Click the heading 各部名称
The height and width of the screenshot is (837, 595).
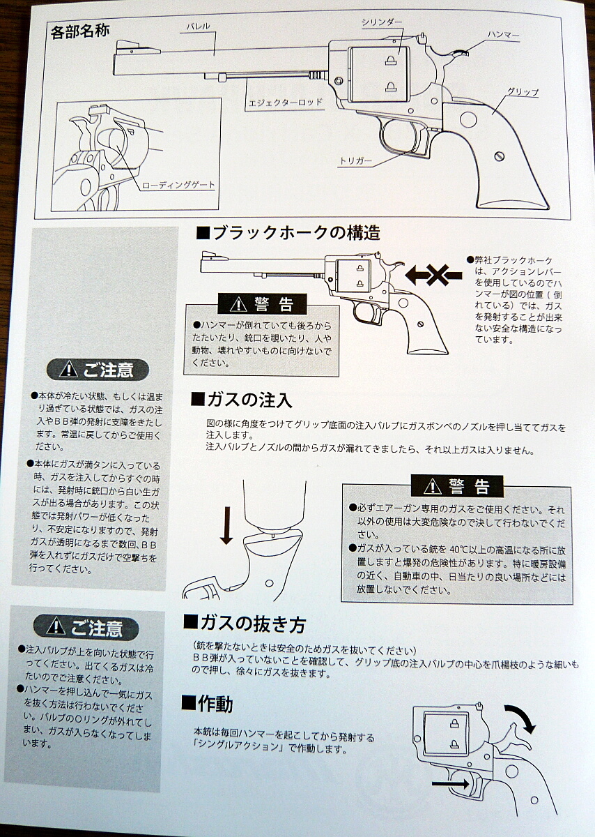tap(80, 32)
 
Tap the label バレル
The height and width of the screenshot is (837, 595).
tap(198, 27)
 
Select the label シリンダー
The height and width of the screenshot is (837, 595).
tap(382, 22)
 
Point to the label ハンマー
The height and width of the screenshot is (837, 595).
tap(503, 35)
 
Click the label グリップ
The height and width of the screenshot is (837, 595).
tap(523, 92)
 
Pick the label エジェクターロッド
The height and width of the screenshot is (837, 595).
tap(285, 102)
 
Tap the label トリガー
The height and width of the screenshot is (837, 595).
tap(356, 161)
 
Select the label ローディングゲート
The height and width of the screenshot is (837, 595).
tap(179, 185)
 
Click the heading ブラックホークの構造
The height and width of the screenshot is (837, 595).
tap(288, 233)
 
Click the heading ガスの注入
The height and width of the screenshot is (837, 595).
tap(241, 400)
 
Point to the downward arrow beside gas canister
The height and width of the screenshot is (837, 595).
tap(226, 525)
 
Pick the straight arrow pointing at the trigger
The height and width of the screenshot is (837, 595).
tap(450, 783)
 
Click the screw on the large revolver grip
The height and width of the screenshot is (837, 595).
tap(499, 156)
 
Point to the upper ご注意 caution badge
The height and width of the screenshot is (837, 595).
tap(98, 370)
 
